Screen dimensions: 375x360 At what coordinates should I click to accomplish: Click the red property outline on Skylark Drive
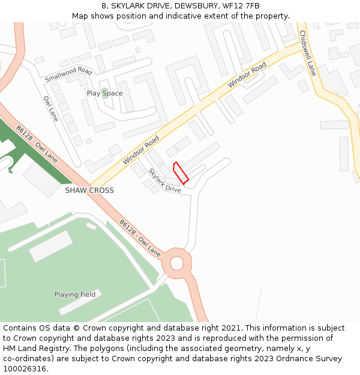[x=181, y=173]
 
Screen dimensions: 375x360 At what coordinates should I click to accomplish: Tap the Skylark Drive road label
[x=164, y=180]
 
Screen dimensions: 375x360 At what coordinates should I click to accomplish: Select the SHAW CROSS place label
[x=89, y=190]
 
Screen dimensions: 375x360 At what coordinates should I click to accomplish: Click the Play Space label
[x=104, y=93]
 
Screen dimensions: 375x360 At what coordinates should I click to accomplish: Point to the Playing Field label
[x=74, y=295]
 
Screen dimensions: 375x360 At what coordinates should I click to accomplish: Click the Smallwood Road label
[x=68, y=75]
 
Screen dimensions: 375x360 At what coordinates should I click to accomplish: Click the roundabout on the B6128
[x=177, y=262]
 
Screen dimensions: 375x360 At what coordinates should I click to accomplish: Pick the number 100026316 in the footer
[x=25, y=368]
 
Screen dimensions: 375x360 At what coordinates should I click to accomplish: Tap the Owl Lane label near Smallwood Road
[x=50, y=109]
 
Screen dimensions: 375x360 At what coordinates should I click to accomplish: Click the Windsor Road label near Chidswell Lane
[x=247, y=76]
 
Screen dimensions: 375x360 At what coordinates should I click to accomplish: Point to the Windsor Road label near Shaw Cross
[x=141, y=150]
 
